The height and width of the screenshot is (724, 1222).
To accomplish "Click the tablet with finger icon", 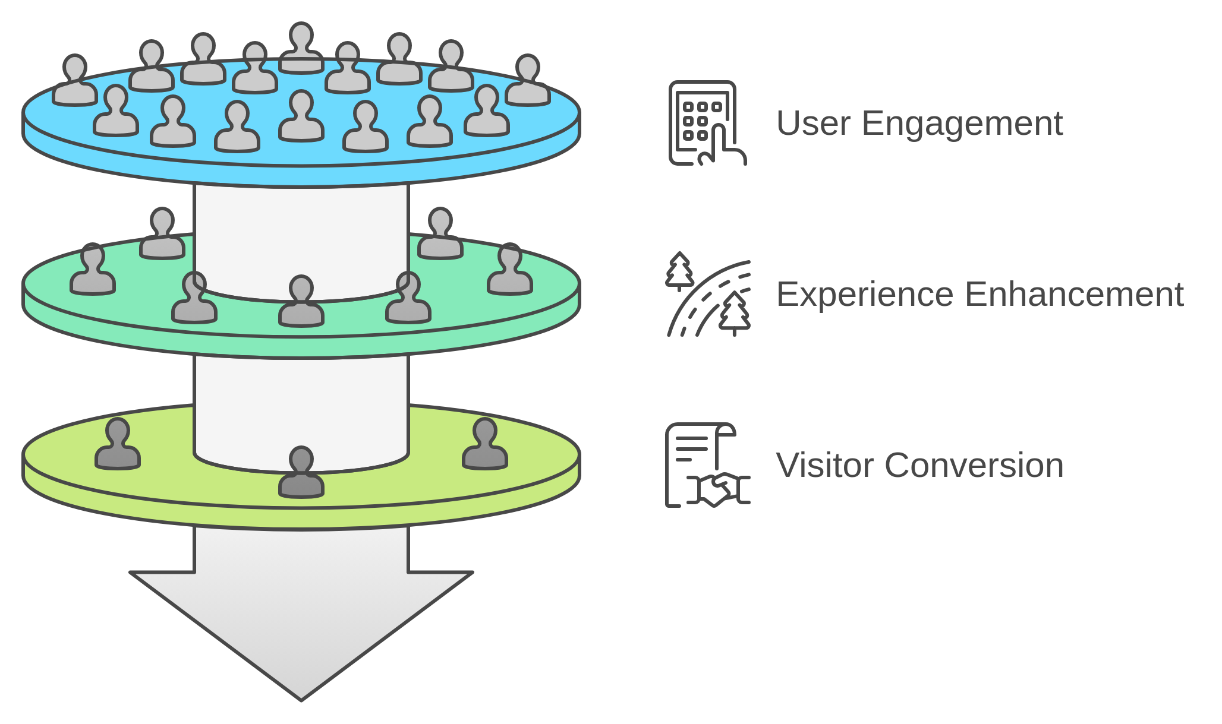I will [707, 123].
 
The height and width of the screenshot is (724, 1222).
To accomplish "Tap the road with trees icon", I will [708, 295].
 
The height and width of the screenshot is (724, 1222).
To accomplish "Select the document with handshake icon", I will [707, 465].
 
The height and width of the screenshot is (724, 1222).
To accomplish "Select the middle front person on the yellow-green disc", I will [301, 473].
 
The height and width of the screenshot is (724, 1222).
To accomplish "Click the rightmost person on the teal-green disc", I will [510, 270].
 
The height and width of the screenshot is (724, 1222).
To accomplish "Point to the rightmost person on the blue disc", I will [528, 81].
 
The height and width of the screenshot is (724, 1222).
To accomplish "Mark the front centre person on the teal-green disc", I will [301, 302].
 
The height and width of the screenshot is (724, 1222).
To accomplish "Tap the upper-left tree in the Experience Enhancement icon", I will [679, 271].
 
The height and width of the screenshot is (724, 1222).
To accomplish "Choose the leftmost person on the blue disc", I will [75, 81].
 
